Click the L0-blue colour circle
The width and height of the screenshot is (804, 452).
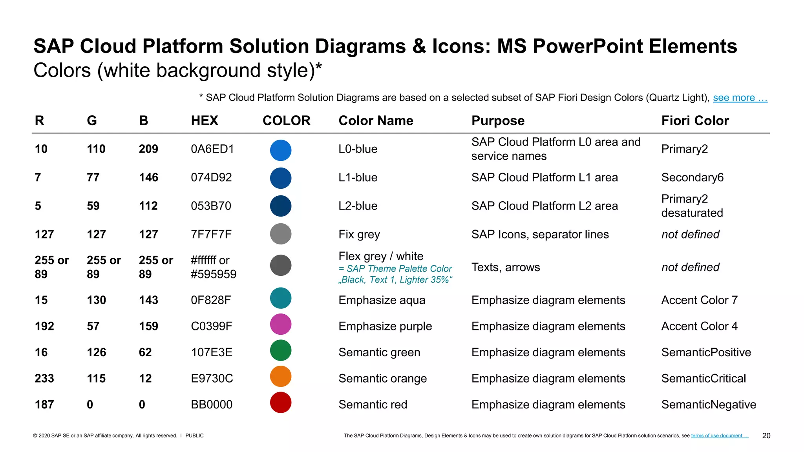(x=281, y=150)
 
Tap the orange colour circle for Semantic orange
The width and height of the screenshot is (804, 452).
(x=281, y=377)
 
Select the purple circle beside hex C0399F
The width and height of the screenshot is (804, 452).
(x=281, y=324)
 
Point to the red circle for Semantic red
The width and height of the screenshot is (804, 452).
(x=281, y=403)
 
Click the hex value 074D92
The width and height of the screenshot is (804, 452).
(x=211, y=177)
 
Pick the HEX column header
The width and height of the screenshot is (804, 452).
(x=205, y=120)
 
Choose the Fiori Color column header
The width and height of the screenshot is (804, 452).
(x=695, y=120)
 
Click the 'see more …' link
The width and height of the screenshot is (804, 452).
(x=740, y=98)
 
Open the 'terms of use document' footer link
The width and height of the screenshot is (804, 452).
(x=720, y=436)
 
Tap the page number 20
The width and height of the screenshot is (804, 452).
(x=766, y=436)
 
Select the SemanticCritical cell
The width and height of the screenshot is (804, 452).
(x=703, y=378)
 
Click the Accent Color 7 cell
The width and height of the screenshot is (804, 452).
(x=699, y=300)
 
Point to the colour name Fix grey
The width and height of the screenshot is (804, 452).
(x=359, y=234)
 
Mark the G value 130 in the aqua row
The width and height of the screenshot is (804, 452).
(x=97, y=300)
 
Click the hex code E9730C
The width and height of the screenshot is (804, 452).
(x=212, y=378)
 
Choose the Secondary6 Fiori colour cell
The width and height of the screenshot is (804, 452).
(x=692, y=177)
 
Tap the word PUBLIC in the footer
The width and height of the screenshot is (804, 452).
(x=194, y=436)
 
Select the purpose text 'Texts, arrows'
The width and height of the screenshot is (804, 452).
(x=506, y=267)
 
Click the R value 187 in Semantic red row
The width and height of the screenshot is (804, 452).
(x=44, y=405)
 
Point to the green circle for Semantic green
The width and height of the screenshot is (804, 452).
(x=281, y=350)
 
